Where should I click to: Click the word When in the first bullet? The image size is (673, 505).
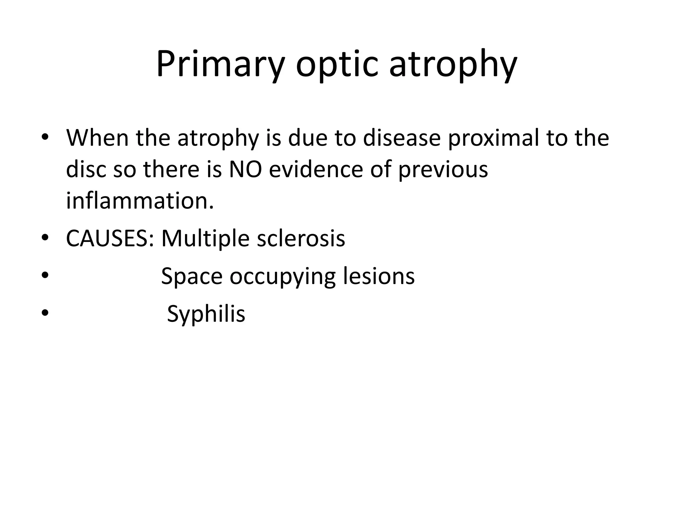97,138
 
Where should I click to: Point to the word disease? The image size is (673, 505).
401,138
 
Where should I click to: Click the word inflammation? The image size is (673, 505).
140,201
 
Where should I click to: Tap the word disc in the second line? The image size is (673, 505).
85,169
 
